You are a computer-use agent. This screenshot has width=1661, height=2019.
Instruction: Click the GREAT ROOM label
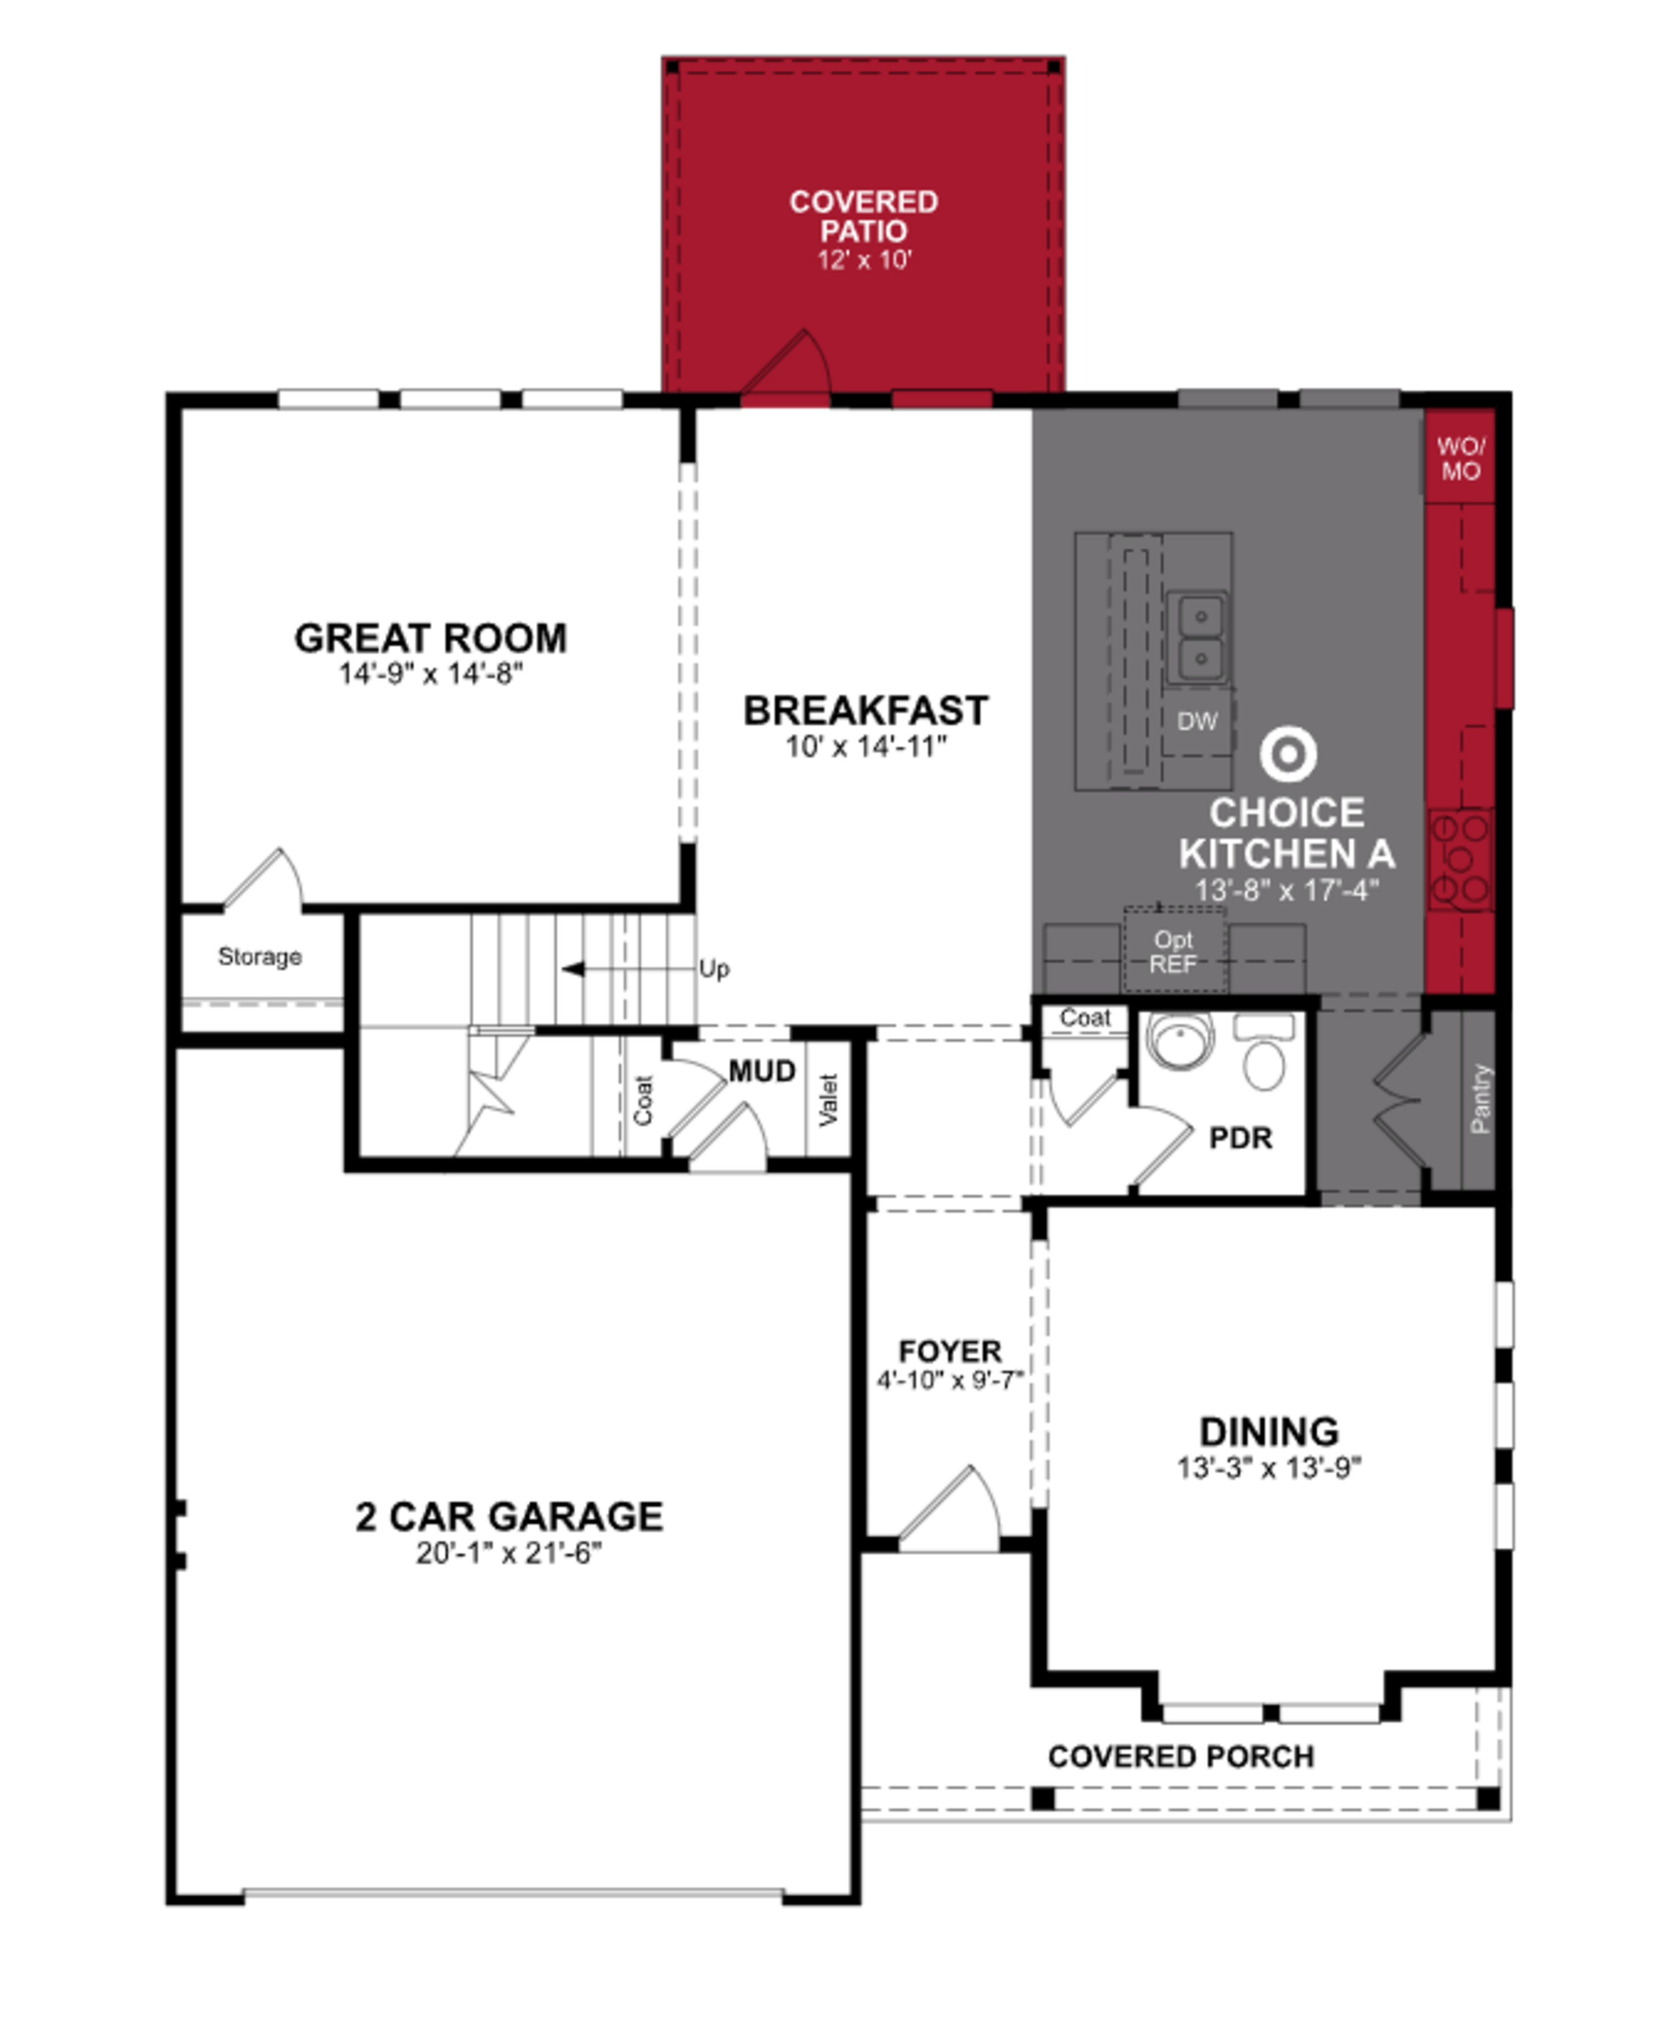pos(430,638)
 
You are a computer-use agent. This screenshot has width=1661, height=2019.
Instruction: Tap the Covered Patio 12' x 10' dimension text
pos(864,260)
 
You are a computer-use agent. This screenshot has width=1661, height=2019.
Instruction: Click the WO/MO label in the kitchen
pos(1460,458)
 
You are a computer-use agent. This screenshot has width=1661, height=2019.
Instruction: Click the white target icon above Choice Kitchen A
pos(1288,755)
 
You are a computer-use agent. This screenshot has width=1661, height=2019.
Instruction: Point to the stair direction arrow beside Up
pos(574,969)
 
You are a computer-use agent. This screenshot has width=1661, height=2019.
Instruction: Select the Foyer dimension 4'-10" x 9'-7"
pos(950,1380)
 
